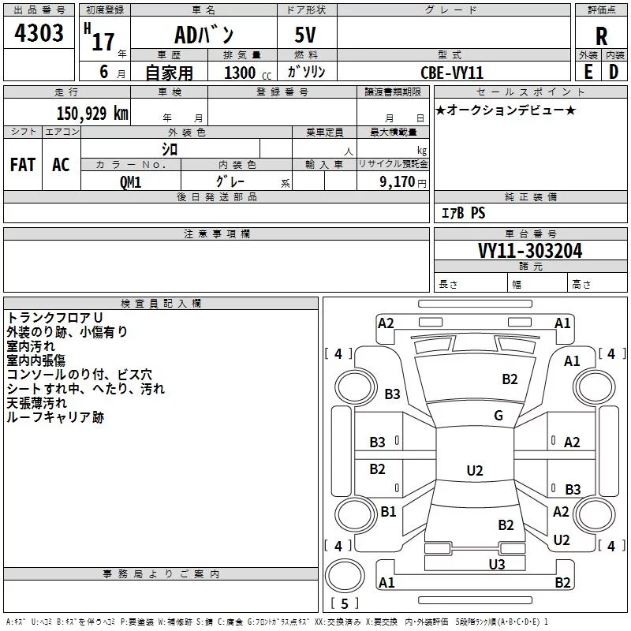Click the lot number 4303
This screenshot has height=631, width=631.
click(39, 33)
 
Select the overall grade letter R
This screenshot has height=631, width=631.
click(601, 36)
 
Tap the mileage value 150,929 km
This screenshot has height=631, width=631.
click(92, 113)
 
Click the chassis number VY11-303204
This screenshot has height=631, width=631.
click(530, 251)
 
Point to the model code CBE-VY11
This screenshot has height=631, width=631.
click(451, 73)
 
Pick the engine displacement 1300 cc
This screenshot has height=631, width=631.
click(248, 73)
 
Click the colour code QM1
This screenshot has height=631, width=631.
click(130, 182)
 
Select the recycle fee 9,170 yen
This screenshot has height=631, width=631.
click(403, 182)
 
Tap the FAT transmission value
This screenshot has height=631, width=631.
click(23, 165)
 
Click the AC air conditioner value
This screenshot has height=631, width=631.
click(61, 165)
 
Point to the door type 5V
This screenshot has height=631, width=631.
click(305, 35)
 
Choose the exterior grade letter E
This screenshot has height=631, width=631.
click(588, 72)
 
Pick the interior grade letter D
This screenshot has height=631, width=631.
click(614, 72)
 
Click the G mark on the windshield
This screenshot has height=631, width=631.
click(498, 415)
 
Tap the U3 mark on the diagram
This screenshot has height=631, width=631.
click(497, 565)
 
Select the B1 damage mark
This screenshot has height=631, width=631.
click(388, 511)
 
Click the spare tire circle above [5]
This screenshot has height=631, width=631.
click(345, 576)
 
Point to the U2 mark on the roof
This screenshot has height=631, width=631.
click(475, 470)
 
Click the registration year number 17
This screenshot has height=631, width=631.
click(103, 42)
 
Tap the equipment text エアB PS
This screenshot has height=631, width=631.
click(463, 213)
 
